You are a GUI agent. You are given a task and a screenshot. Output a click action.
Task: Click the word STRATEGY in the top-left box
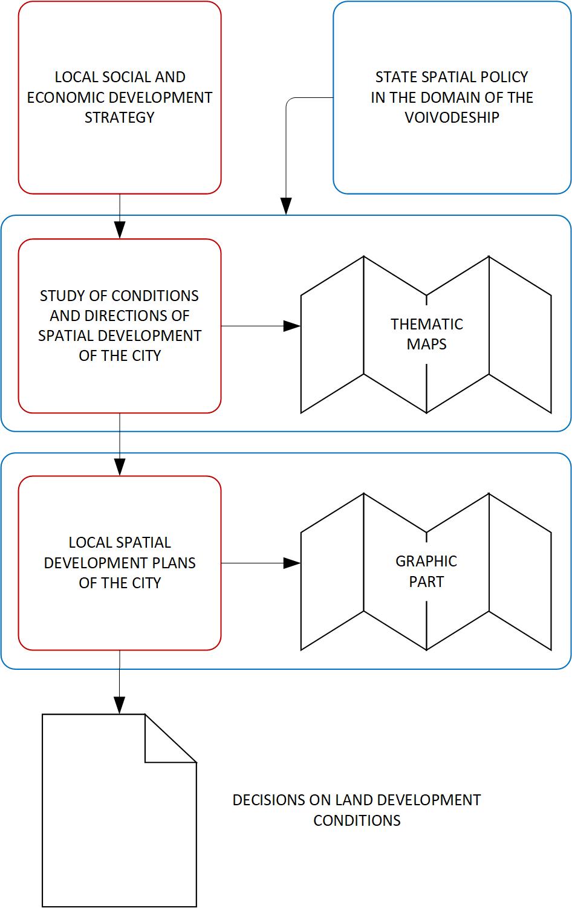pyautogui.click(x=120, y=117)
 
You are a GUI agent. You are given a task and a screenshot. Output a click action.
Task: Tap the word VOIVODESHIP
pyautogui.click(x=452, y=117)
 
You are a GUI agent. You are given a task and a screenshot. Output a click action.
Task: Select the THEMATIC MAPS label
pyautogui.click(x=426, y=334)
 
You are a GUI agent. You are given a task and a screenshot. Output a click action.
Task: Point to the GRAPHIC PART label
pyautogui.click(x=426, y=571)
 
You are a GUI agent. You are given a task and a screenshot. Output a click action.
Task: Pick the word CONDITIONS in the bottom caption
pyautogui.click(x=357, y=820)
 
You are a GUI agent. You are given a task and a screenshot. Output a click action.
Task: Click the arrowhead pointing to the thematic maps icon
pyautogui.click(x=293, y=326)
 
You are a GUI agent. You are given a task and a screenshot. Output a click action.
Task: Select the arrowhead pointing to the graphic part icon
pyautogui.click(x=293, y=563)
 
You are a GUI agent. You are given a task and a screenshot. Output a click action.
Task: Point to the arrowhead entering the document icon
pyautogui.click(x=120, y=705)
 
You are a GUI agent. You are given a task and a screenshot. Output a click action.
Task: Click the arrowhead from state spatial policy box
pyautogui.click(x=286, y=206)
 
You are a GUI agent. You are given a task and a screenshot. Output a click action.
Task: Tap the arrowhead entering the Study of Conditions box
pyautogui.click(x=120, y=230)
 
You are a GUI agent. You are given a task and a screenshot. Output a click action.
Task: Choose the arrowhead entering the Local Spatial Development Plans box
pyautogui.click(x=120, y=467)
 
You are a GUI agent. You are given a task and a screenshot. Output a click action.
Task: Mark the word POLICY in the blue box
pyautogui.click(x=507, y=77)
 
